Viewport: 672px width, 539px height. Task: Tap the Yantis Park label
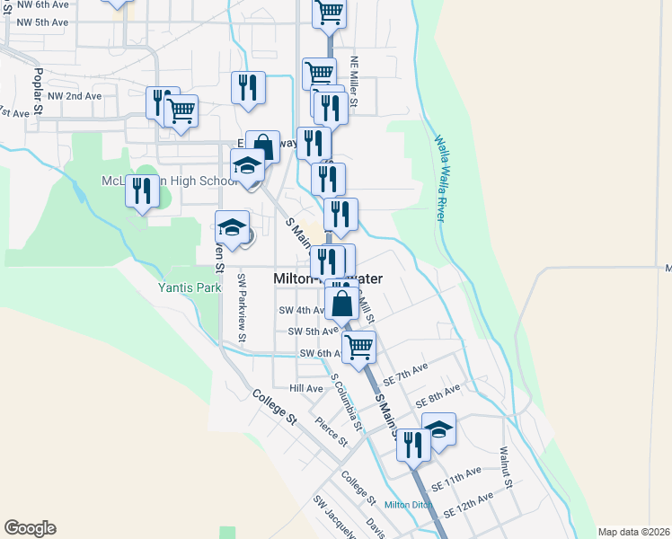coord(190,288)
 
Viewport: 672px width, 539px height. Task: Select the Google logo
coord(30,528)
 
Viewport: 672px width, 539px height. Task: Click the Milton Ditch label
coord(410,504)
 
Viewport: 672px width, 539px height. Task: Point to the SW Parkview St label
coord(242,308)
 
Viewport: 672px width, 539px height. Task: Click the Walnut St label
coord(506,468)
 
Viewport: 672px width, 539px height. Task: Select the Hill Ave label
coord(305,388)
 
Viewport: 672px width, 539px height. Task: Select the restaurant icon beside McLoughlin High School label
coord(142,191)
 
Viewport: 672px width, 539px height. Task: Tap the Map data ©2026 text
coord(633,532)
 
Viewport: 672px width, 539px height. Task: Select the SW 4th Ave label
coord(301,310)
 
